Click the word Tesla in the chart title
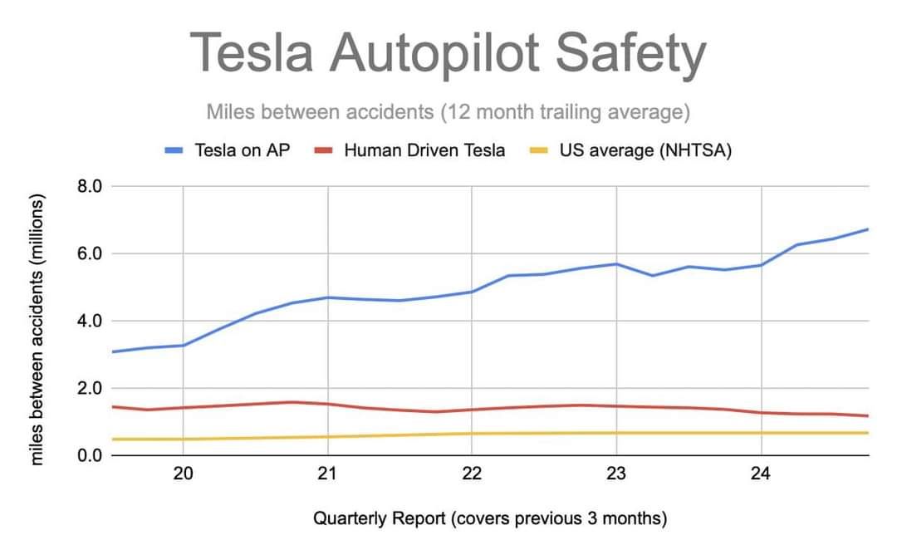tap(252, 52)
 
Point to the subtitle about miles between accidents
tap(448, 111)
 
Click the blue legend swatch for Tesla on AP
tap(174, 151)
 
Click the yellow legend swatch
tap(538, 151)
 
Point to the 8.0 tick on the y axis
tap(90, 186)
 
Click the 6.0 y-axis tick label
tap(90, 253)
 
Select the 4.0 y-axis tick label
tap(90, 321)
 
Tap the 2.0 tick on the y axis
tap(90, 388)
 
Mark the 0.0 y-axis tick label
tap(90, 455)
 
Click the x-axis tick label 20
tap(183, 474)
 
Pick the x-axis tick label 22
tap(472, 474)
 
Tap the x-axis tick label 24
tap(761, 474)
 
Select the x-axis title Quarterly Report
tap(490, 519)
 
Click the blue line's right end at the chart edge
tap(867, 229)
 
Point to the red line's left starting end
tap(112, 406)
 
